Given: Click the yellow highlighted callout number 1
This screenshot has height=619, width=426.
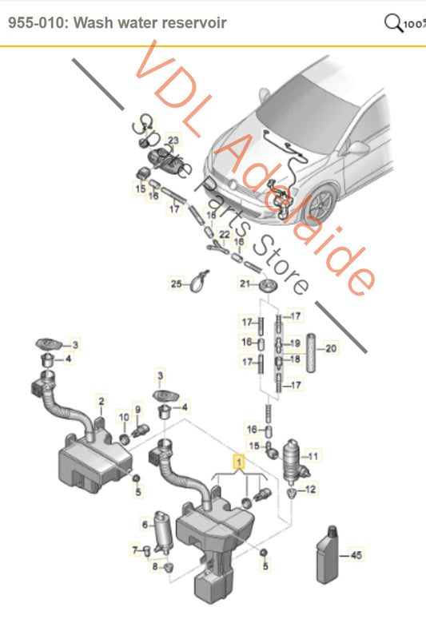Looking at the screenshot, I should (x=237, y=461).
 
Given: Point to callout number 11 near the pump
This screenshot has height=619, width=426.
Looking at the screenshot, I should (x=313, y=457).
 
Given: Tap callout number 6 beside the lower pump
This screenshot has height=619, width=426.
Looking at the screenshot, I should (x=134, y=550).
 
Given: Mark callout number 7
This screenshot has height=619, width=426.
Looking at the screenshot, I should (x=155, y=566).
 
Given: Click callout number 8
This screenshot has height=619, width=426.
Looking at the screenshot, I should (x=137, y=410).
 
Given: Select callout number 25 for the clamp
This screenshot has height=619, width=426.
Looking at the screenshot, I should (x=123, y=417).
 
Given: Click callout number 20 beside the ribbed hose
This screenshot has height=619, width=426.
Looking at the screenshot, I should (x=331, y=347).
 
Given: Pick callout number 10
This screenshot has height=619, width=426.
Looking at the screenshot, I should (x=123, y=417).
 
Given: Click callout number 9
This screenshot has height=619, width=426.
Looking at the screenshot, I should (x=137, y=410).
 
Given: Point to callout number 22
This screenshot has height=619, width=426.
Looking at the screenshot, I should (x=225, y=233).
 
